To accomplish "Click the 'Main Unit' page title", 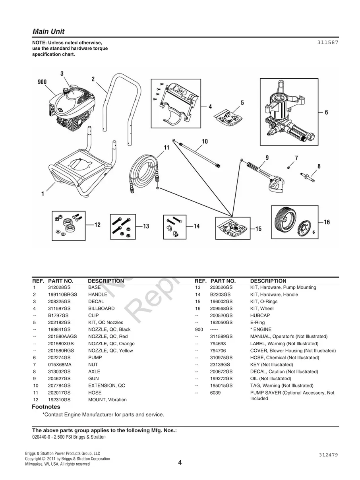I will tap(48, 31).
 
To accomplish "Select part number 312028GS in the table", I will tap(59, 287).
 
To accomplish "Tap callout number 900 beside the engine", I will tap(42, 82).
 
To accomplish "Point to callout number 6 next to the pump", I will tap(326, 112).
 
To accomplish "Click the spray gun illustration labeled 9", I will tap(266, 175).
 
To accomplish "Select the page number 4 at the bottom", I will tap(180, 462).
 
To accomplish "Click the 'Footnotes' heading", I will tap(46, 407).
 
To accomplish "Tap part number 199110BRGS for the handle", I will tap(62, 294).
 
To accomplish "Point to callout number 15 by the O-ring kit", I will tap(258, 229).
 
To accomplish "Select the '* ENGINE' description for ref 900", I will tap(261, 329).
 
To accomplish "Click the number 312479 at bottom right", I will tap(328, 455).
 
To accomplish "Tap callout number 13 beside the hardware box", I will tap(146, 226).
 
